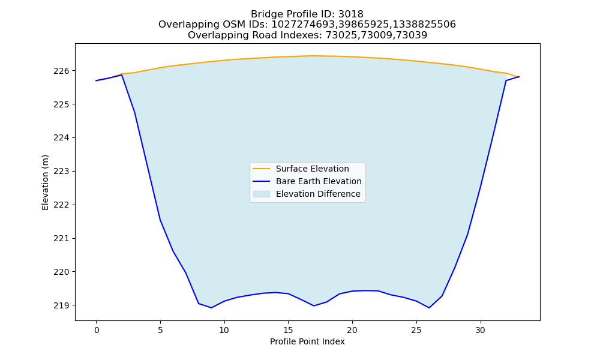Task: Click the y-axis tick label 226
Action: (x=62, y=71)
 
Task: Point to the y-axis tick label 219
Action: (x=62, y=305)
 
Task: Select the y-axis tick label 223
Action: (x=62, y=172)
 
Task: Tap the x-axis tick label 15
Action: (x=288, y=330)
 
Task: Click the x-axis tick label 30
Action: (x=480, y=330)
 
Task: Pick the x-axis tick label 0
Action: (x=97, y=330)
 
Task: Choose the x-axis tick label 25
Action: (x=416, y=330)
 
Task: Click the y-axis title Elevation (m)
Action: (x=45, y=182)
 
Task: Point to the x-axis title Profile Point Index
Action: (x=307, y=341)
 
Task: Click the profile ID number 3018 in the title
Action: (x=351, y=14)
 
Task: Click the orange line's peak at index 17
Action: (x=314, y=56)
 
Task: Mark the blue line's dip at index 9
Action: (x=211, y=308)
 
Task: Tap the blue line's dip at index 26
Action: (x=429, y=308)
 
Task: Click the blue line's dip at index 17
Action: (x=314, y=305)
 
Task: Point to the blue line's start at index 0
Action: (x=96, y=81)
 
